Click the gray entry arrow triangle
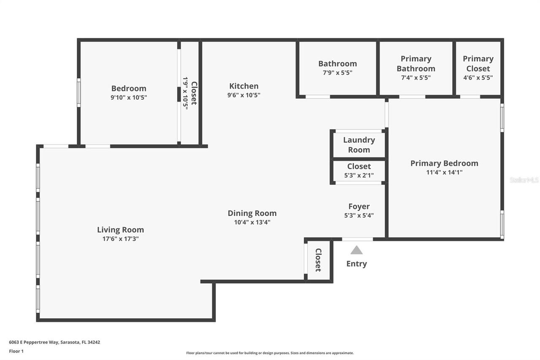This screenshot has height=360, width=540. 356,250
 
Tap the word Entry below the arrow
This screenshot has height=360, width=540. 356,264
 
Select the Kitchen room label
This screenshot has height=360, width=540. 244,86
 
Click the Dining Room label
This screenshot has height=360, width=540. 252,213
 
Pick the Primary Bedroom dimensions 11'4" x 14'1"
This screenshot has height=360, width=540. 444,172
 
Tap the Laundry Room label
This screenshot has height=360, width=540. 359,145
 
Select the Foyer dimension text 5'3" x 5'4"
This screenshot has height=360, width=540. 359,215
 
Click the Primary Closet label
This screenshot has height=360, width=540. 478,64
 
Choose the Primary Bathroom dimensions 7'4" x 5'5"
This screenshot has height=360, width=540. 416,78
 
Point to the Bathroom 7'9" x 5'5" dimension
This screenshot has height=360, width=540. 337,73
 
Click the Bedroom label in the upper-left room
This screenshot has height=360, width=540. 129,88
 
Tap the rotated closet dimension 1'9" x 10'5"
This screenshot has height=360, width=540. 185,93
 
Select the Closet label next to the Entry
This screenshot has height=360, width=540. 319,260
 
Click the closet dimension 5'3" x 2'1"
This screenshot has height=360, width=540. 359,175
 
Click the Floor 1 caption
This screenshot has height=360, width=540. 16,351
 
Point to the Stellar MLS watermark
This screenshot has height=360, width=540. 524,180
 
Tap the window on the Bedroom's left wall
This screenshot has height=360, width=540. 78,92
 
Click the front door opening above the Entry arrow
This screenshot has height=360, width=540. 357,239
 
